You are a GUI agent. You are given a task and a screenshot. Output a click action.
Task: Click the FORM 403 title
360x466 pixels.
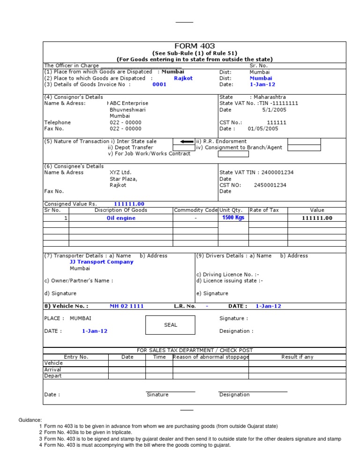point(195,46)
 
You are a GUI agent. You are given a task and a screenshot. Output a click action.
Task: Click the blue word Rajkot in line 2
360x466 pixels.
point(183,78)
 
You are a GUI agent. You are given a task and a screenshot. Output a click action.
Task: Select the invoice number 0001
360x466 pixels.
point(159,85)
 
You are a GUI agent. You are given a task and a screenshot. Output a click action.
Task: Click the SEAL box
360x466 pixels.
point(171,325)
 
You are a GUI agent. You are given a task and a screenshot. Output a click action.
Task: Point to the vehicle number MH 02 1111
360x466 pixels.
point(127,306)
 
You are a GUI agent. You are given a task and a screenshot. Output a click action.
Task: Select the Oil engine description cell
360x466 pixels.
point(121,218)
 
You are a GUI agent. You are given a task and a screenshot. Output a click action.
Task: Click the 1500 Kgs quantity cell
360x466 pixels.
point(233,218)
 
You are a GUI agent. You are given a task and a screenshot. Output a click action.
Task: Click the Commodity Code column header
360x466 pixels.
point(195,210)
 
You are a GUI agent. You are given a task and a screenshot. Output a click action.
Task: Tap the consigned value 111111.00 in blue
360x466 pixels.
point(129,204)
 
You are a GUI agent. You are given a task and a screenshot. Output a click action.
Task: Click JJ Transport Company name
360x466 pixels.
point(101,262)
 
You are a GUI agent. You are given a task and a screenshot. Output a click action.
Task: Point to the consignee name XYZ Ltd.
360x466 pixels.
point(120,173)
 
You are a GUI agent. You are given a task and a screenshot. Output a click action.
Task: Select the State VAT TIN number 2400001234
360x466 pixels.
point(277,173)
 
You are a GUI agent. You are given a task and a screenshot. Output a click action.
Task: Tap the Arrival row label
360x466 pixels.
point(52,369)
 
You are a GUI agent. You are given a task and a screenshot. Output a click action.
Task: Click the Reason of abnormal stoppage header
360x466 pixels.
point(210,357)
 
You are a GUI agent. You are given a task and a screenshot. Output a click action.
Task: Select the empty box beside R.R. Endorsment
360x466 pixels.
point(304,141)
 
